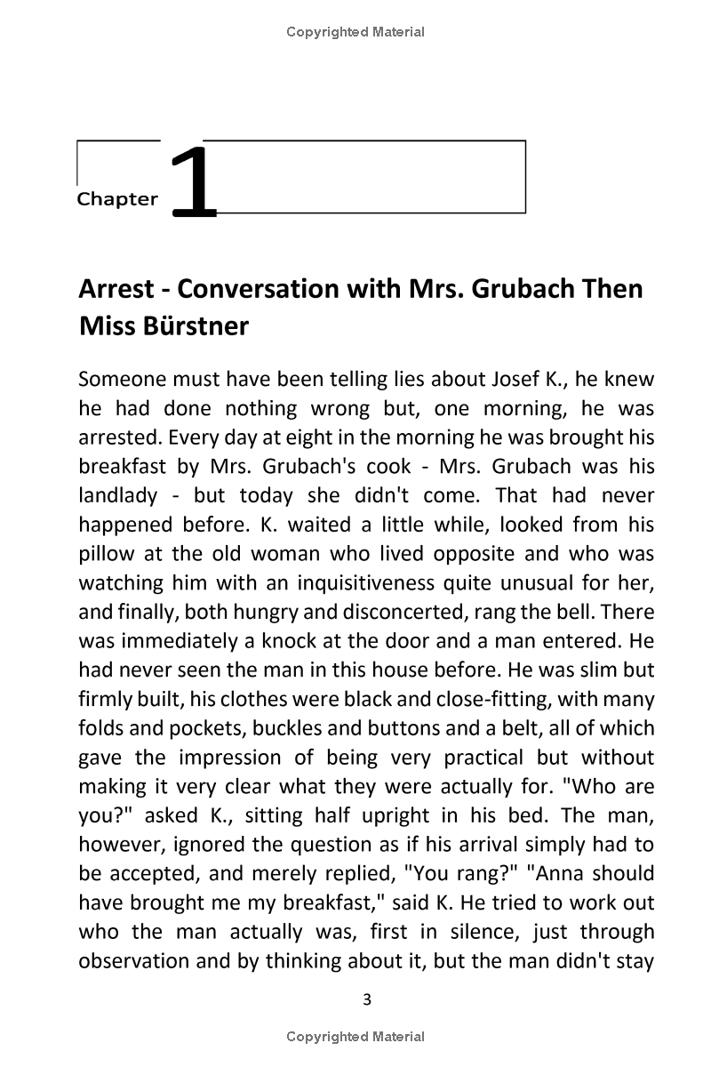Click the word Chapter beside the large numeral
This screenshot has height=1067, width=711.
[x=117, y=199]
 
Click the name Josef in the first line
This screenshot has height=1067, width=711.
[x=510, y=380]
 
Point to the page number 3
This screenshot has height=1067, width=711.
[x=368, y=999]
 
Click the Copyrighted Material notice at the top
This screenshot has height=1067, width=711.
[x=355, y=32]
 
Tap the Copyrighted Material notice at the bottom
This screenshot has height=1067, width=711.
[x=355, y=1036]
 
